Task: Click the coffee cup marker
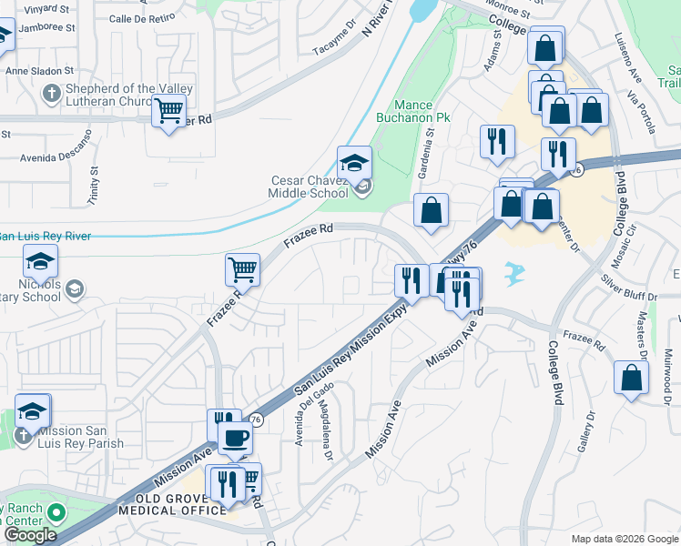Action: pyautogui.click(x=235, y=439)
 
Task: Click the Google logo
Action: pyautogui.click(x=30, y=535)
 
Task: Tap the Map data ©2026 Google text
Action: pyautogui.click(x=624, y=539)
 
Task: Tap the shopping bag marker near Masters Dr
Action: pyautogui.click(x=631, y=377)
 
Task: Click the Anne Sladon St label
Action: pyautogui.click(x=39, y=70)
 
